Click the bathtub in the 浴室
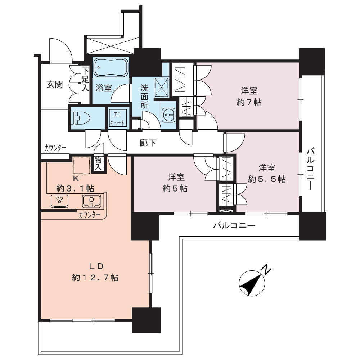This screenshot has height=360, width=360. pyautogui.click(x=111, y=67)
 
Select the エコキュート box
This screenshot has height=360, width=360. pyautogui.click(x=118, y=118)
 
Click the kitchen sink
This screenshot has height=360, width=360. pyautogui.click(x=92, y=201)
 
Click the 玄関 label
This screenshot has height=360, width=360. pyautogui.click(x=55, y=84)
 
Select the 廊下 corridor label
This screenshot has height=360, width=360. pyautogui.click(x=148, y=143)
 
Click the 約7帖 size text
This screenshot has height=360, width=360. pyautogui.click(x=249, y=102)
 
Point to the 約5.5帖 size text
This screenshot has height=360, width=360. pyautogui.click(x=267, y=179)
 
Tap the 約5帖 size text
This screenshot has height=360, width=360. pyautogui.click(x=175, y=189)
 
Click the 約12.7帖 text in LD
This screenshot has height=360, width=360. pyautogui.click(x=95, y=277)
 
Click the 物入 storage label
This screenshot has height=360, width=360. pyautogui.click(x=98, y=163)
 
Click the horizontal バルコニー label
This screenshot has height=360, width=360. pyautogui.click(x=234, y=225)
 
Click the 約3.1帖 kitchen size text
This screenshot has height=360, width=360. pyautogui.click(x=75, y=189)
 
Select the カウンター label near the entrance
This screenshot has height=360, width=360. pyautogui.click(x=55, y=148)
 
